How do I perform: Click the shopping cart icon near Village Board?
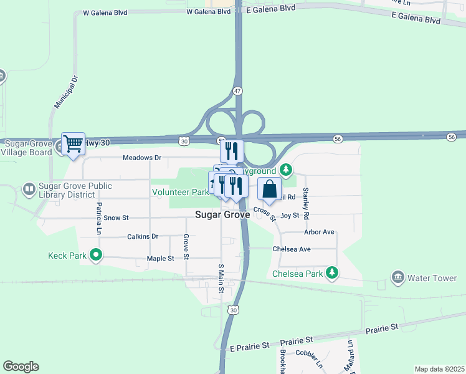pyautogui.click(x=73, y=144)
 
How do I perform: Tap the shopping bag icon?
pyautogui.click(x=269, y=189)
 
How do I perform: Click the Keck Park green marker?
pyautogui.click(x=95, y=254)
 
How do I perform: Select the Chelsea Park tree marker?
pyautogui.click(x=333, y=272)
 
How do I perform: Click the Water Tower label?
pyautogui.click(x=432, y=278)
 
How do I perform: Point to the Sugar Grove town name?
pyautogui.click(x=222, y=214)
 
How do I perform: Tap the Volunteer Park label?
pyautogui.click(x=180, y=192)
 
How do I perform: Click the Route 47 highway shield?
pyautogui.click(x=237, y=91)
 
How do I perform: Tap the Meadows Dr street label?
pyautogui.click(x=142, y=158)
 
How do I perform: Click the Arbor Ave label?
pyautogui.click(x=319, y=232)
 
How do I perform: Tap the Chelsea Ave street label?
pyautogui.click(x=292, y=249)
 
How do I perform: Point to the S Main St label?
pyautogui.click(x=221, y=278)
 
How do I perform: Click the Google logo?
pyautogui.click(x=21, y=367)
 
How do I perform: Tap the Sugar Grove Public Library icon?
pyautogui.click(x=29, y=188)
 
